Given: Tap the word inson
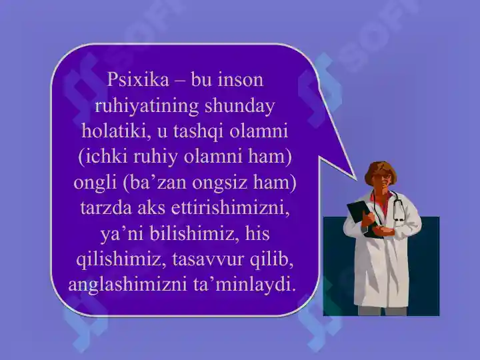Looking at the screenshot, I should [243, 81].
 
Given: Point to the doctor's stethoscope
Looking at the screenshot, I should [398, 210].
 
